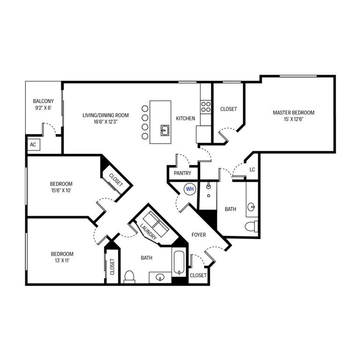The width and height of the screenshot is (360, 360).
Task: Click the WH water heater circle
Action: pos(190,189)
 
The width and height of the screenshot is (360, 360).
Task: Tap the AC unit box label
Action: pos(33,145)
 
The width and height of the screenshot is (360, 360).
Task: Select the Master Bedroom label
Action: pos(293,113)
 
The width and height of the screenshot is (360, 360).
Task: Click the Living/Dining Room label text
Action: pos(105,115)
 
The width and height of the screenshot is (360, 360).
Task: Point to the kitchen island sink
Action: pos(165,130)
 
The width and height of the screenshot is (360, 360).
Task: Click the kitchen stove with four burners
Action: pos(206,106)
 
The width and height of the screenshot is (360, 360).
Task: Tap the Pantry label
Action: pos(181,173)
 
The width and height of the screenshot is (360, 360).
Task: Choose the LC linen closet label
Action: pos(252,169)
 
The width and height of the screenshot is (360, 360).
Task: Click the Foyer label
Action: pos(199,235)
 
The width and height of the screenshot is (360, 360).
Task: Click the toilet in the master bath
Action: pos(252,227)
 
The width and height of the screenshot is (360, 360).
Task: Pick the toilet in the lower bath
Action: pos(129,277)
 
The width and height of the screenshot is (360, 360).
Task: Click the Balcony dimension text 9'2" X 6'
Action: pos(43,108)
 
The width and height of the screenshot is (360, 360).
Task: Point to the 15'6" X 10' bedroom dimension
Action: pos(61,191)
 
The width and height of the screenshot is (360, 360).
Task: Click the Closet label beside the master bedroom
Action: pos(228,109)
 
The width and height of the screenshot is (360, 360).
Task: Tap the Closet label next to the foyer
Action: pos(198,276)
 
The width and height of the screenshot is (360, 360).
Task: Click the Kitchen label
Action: pos(185,119)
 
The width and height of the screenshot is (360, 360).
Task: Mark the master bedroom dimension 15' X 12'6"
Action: pos(293,119)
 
